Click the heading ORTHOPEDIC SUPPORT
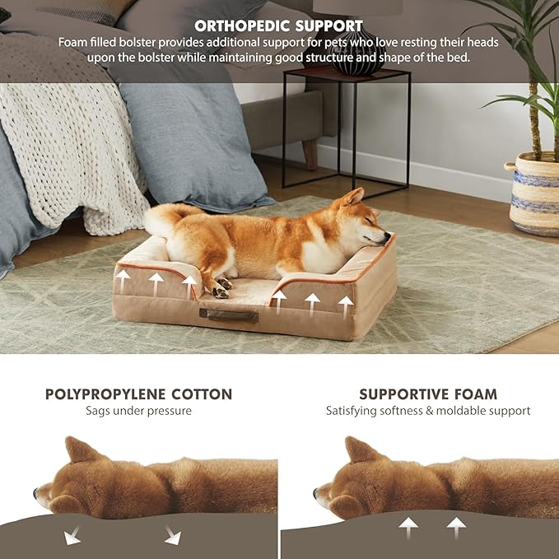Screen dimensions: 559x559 point(278,26)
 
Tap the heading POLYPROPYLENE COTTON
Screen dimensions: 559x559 point(138,394)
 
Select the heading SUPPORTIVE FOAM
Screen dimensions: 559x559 point(427,394)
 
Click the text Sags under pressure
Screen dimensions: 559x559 point(138,411)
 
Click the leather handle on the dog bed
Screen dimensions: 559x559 point(228,314)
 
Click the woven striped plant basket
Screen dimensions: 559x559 point(534,195)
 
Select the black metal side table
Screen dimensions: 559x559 point(346,123)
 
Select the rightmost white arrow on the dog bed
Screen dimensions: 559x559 point(346,305)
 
